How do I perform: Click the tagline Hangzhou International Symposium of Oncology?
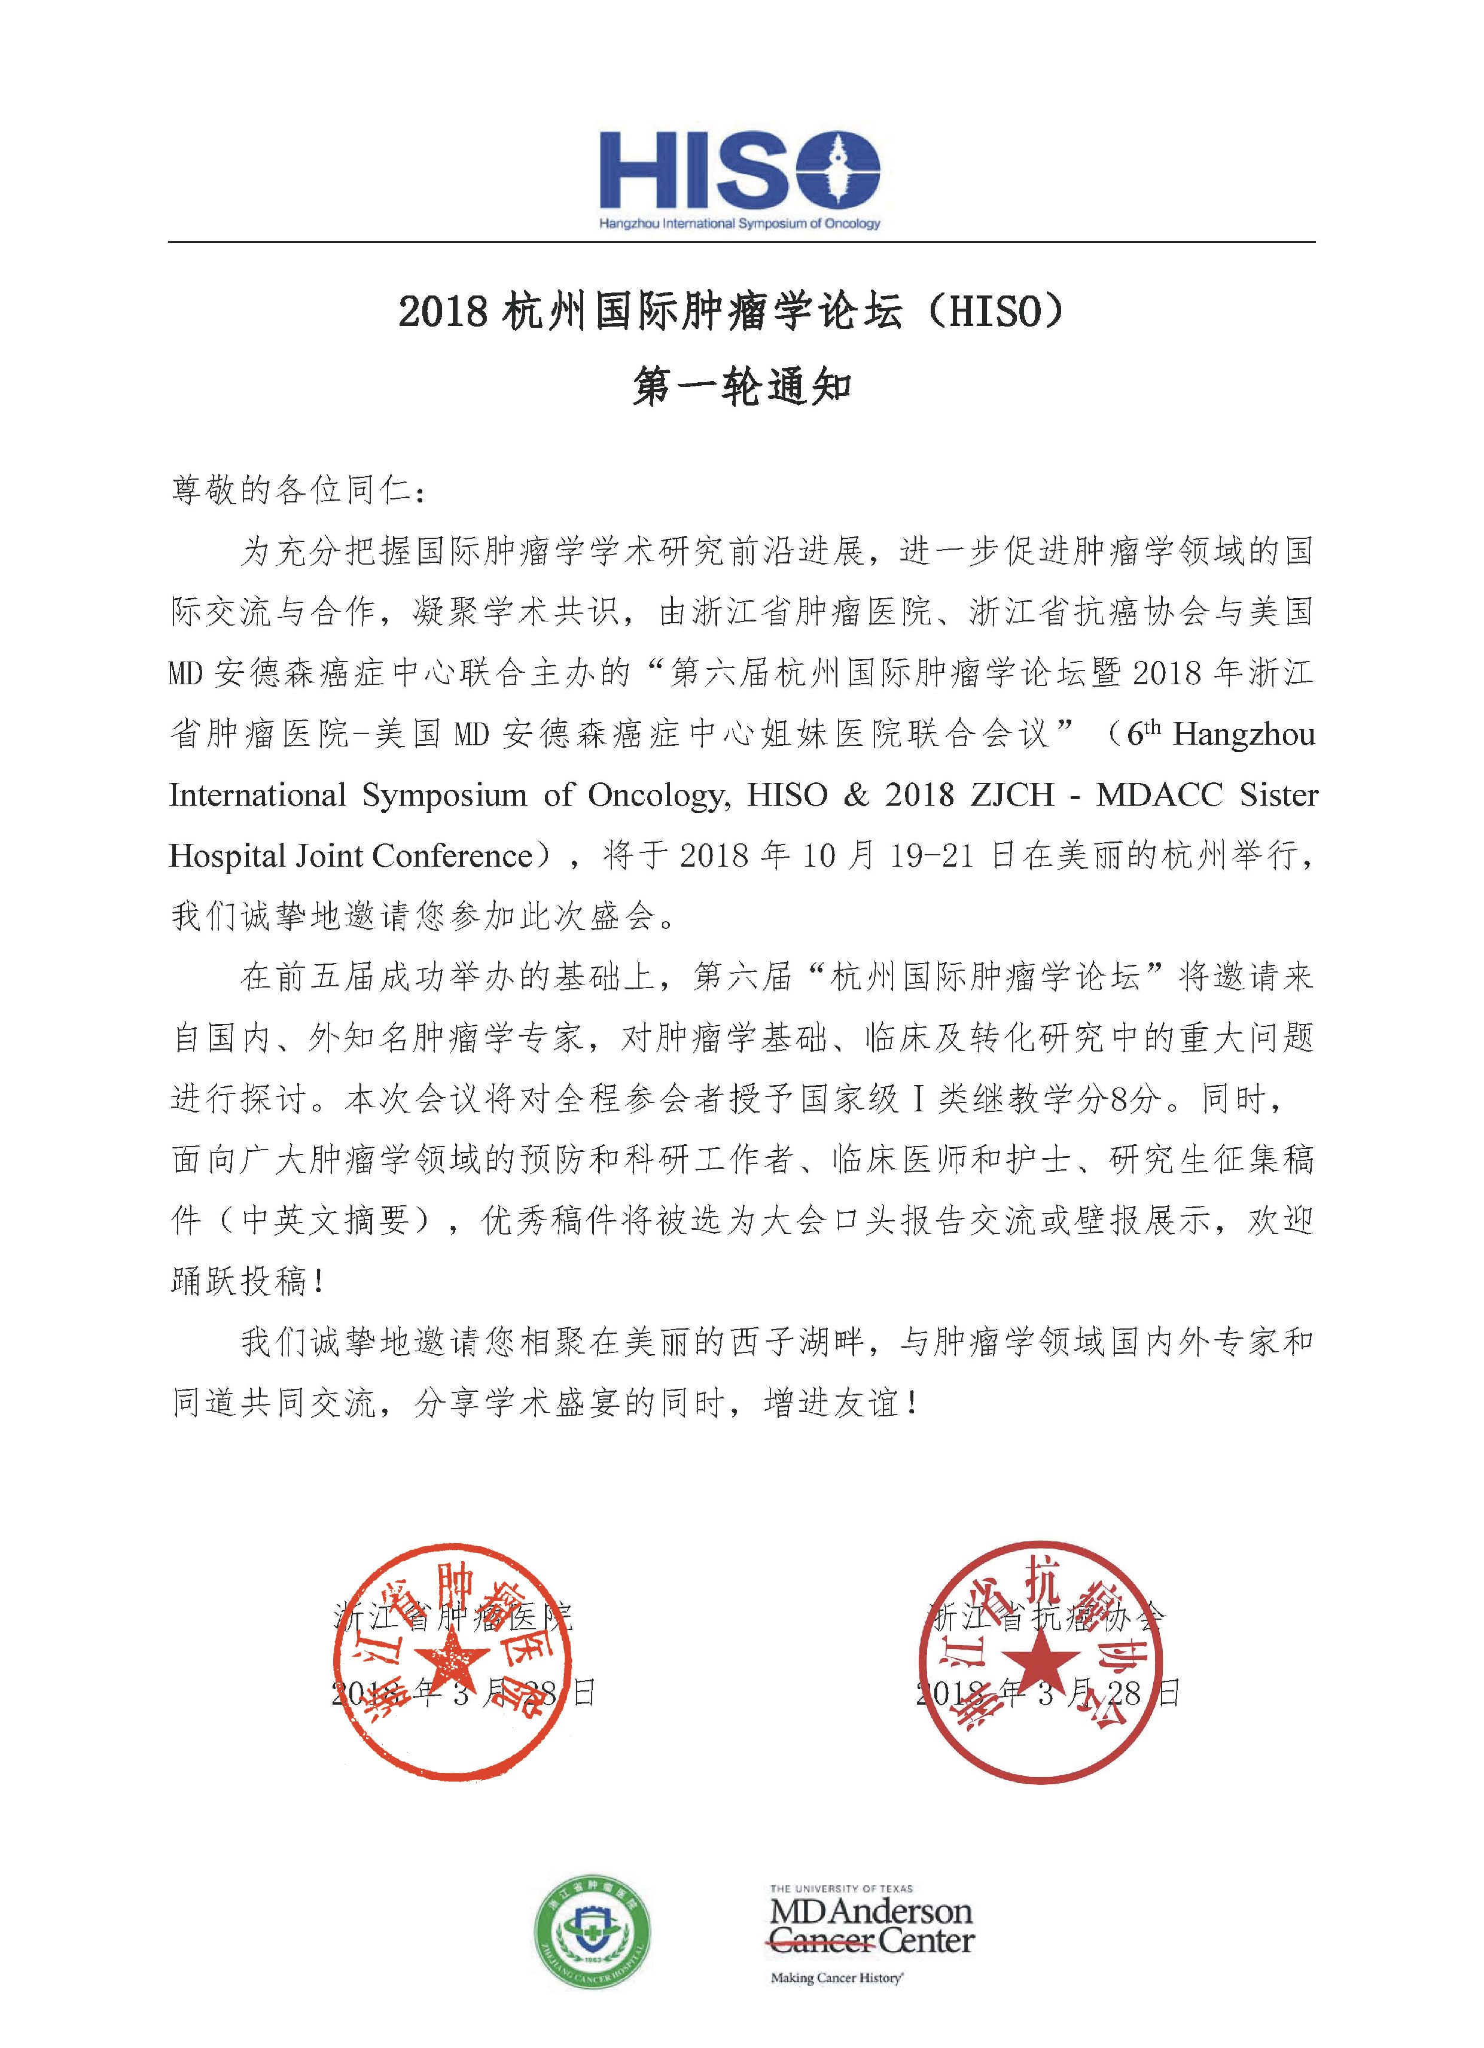(739, 223)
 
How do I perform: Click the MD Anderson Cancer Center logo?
(871, 1924)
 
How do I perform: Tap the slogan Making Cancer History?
(836, 1977)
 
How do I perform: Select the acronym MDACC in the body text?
(1159, 796)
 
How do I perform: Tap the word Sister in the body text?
(1278, 796)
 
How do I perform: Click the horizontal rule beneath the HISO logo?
(741, 242)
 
